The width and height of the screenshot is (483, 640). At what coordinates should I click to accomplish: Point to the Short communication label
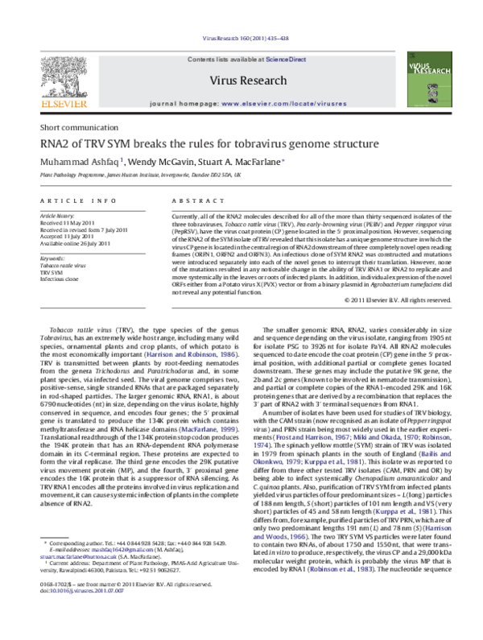point(72,129)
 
